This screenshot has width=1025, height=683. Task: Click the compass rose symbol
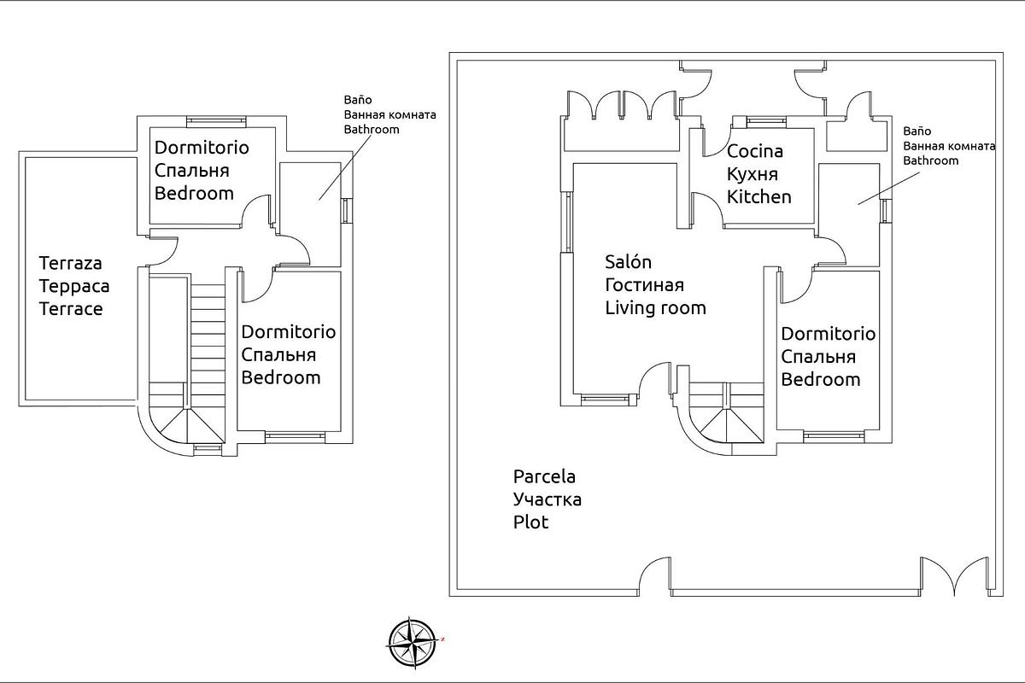413,641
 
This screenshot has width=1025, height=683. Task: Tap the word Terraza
71,264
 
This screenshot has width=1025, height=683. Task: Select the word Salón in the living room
629,262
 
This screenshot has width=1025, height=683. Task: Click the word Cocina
755,152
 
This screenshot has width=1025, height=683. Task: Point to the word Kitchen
758,197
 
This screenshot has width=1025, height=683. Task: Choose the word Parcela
544,476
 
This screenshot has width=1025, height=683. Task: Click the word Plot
530,522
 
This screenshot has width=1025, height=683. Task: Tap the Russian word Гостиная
644,285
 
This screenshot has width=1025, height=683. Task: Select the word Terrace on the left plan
71,309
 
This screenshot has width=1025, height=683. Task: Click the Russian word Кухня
753,174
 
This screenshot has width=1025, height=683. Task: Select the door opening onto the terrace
163,248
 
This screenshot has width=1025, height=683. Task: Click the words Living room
655,308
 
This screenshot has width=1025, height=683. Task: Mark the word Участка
547,499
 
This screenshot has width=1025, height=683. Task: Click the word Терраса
74,287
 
